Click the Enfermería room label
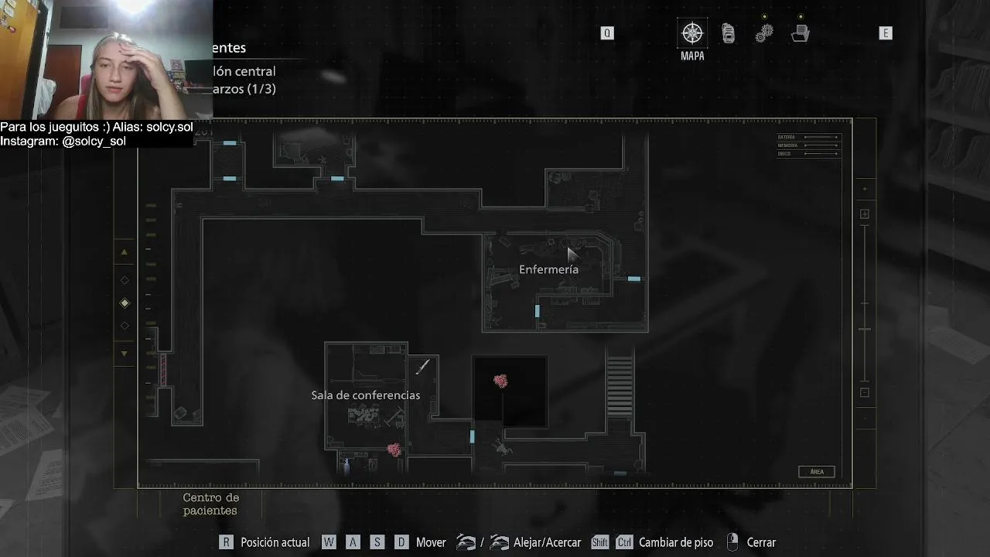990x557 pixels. click(548, 269)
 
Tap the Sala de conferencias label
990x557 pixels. click(365, 395)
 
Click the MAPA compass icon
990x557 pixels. click(692, 33)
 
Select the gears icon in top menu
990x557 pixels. click(764, 33)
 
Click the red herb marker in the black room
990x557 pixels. click(500, 381)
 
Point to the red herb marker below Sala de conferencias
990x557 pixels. click(394, 449)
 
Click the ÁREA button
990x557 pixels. click(816, 472)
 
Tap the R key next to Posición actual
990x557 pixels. click(226, 542)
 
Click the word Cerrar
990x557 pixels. click(761, 542)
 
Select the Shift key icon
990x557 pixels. click(599, 542)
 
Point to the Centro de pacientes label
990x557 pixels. click(210, 504)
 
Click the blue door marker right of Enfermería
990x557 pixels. click(634, 278)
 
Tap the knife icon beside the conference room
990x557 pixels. click(422, 367)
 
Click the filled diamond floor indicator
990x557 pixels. click(125, 303)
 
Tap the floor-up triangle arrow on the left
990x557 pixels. click(124, 252)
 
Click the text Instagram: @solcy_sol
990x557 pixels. click(63, 141)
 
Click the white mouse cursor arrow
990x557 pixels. click(572, 255)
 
